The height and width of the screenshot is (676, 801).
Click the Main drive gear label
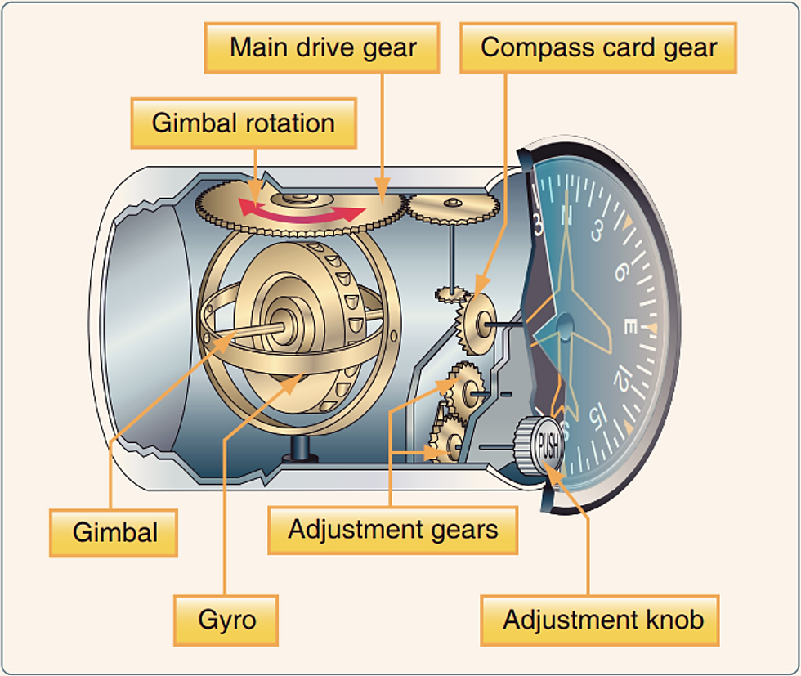322,47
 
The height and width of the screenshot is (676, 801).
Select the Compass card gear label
598,47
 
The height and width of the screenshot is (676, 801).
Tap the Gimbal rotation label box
244,123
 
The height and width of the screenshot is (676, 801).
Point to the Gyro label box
227,619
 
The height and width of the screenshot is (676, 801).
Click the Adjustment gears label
392,530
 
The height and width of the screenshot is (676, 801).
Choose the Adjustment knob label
603,619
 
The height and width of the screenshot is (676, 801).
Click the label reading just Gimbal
114,532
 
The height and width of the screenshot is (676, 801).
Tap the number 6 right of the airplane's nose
621,269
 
